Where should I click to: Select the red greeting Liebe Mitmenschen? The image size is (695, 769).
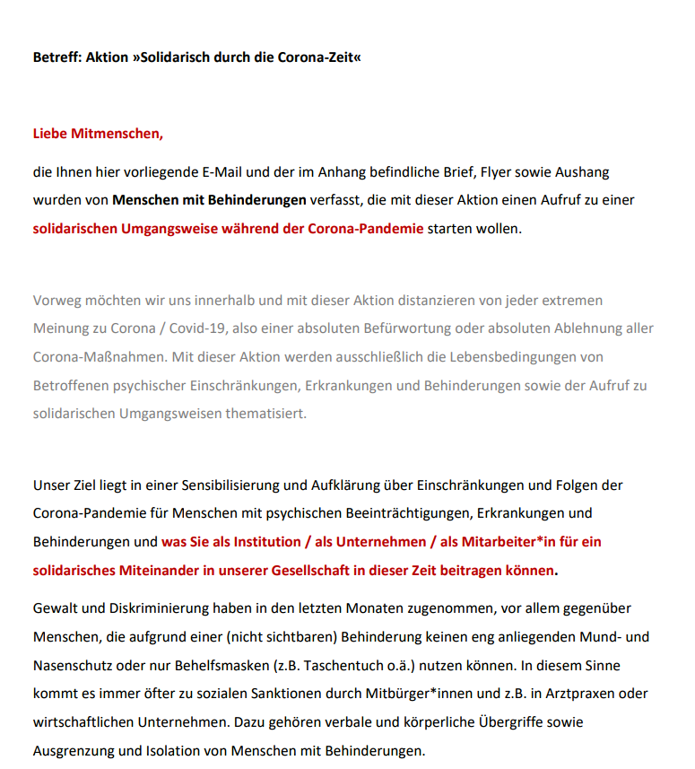pyautogui.click(x=99, y=135)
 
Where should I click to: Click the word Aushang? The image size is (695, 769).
pyautogui.click(x=582, y=171)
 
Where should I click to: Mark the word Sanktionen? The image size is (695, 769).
pyautogui.click(x=245, y=695)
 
